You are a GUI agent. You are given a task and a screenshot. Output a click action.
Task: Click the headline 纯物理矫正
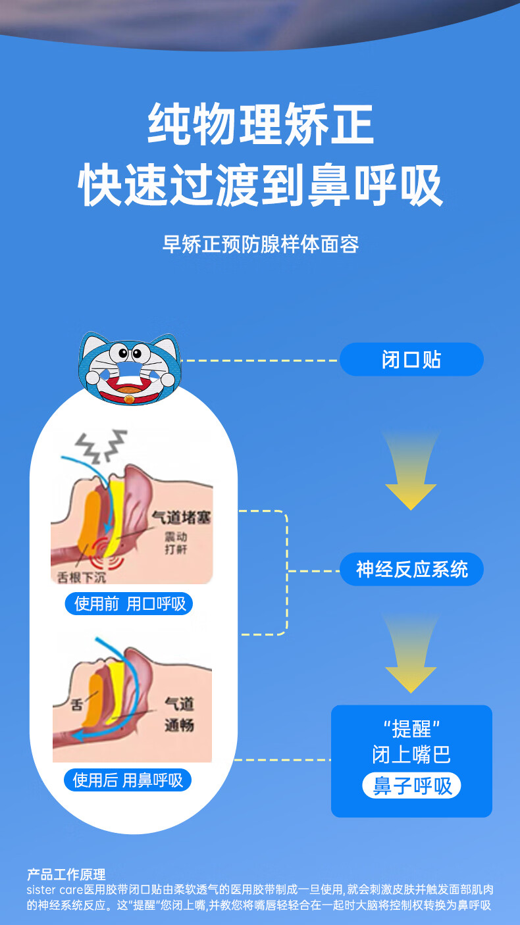[x=261, y=124]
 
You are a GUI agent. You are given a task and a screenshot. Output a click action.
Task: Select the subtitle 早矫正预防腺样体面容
[x=261, y=245]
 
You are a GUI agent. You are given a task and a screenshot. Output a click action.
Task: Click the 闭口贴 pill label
[x=411, y=359]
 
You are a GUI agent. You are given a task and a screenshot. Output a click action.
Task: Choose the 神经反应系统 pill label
[x=411, y=569]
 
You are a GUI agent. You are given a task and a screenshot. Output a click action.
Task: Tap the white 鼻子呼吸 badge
[x=411, y=786]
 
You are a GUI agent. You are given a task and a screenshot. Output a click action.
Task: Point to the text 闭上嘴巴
[x=411, y=754]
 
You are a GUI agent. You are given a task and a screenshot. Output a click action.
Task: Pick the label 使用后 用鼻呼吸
[x=128, y=780]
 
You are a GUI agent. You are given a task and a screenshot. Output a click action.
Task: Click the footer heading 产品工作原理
[x=66, y=874]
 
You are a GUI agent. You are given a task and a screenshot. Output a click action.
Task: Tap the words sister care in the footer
[x=55, y=889]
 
